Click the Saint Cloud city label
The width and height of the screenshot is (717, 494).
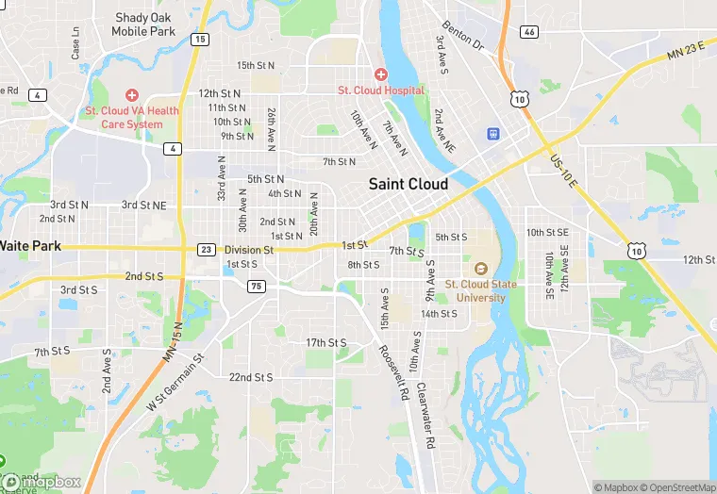[408, 184]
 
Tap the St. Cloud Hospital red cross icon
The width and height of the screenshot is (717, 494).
[381, 74]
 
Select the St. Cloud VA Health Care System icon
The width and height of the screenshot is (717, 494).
[131, 95]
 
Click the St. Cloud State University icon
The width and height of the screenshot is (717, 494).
[480, 269]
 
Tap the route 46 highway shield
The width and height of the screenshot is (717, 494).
[529, 32]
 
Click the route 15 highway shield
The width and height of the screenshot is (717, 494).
[200, 39]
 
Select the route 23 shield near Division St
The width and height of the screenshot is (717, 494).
[206, 249]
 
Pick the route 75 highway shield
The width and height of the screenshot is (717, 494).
[255, 286]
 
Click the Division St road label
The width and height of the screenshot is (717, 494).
[249, 250]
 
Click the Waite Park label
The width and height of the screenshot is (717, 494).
[30, 245]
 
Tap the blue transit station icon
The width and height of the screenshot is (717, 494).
[492, 134]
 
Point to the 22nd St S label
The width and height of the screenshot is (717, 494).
[251, 377]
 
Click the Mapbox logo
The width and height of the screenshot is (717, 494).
[42, 482]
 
